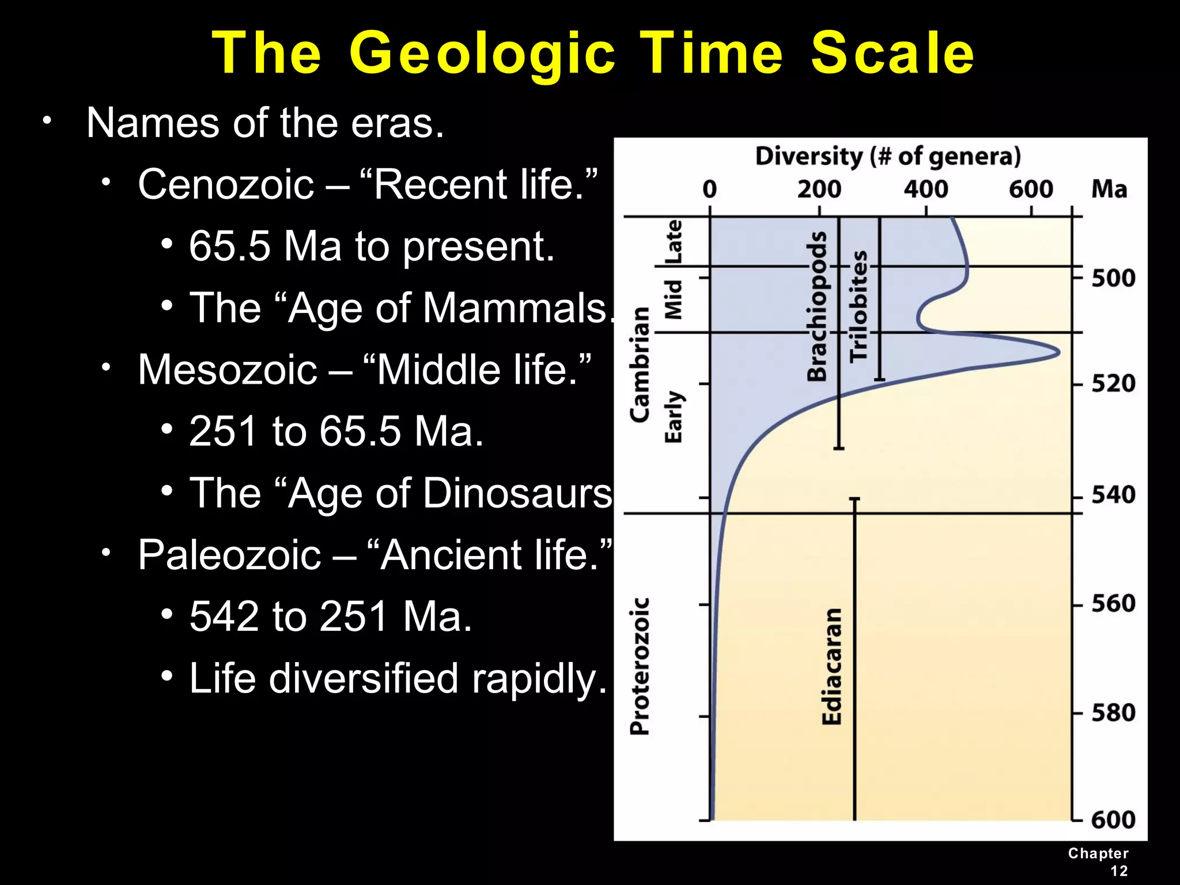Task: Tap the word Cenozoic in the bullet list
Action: click(226, 184)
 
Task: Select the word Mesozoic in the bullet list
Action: click(228, 370)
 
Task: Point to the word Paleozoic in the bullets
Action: click(229, 555)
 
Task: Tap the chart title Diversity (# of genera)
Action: click(888, 157)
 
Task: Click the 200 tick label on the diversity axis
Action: click(819, 189)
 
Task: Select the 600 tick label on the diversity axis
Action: click(1031, 189)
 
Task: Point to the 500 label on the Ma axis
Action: click(1113, 278)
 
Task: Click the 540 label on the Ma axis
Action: click(1113, 495)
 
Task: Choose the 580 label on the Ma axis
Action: click(1113, 713)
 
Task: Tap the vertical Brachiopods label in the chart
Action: click(817, 307)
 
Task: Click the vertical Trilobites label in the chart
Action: click(858, 307)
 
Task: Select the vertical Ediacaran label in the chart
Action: click(832, 666)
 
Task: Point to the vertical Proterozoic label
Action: click(640, 666)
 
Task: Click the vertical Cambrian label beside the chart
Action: click(640, 364)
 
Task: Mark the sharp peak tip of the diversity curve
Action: click(1059, 353)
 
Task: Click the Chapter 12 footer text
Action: click(1098, 862)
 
